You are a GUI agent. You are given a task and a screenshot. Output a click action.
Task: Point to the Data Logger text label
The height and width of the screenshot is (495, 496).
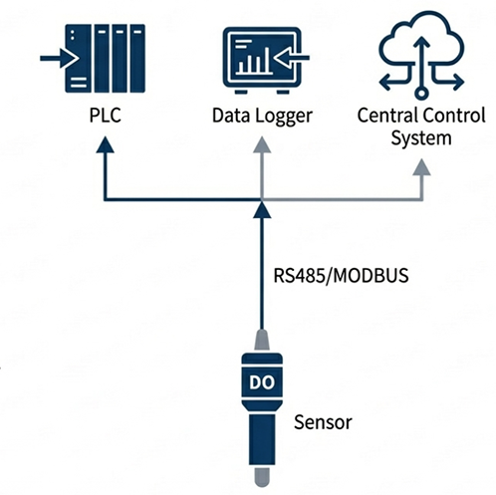click(x=263, y=117)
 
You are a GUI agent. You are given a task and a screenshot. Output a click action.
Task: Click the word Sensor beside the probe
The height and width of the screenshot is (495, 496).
click(x=324, y=421)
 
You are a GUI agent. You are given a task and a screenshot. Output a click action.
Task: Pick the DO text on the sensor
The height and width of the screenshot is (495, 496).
click(x=260, y=382)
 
